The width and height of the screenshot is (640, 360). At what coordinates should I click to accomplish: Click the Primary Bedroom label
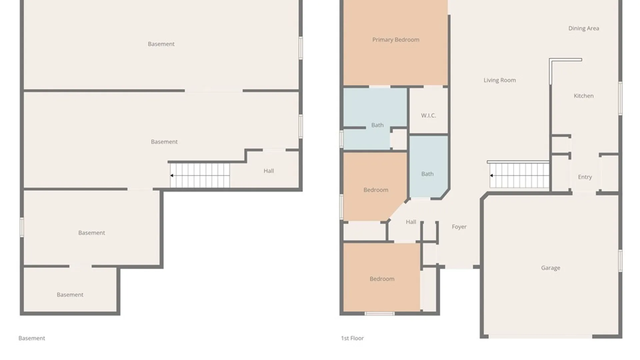[396, 40]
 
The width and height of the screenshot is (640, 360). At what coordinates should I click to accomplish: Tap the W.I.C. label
[428, 115]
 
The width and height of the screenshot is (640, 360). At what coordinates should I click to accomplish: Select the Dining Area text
[583, 28]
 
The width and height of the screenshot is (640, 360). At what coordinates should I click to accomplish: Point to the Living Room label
[499, 80]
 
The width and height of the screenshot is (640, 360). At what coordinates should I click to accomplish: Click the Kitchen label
[583, 96]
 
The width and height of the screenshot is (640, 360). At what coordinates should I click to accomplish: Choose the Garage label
[550, 268]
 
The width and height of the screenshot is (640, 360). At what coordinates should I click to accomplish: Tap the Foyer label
[459, 227]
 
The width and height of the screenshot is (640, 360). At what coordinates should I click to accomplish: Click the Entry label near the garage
[585, 177]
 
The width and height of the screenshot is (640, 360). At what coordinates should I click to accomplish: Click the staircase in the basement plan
[200, 175]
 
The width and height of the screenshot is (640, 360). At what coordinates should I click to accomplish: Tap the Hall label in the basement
[269, 171]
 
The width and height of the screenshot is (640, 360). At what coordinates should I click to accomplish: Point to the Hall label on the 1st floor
[411, 222]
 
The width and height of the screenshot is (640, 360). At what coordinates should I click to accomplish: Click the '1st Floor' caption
[352, 338]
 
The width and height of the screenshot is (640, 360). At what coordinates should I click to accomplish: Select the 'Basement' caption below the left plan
[32, 338]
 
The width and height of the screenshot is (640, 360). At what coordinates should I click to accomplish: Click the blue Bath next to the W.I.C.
[377, 125]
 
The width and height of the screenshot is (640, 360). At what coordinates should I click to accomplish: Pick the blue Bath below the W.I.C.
[427, 174]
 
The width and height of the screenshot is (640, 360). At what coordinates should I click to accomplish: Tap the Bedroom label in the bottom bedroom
[382, 279]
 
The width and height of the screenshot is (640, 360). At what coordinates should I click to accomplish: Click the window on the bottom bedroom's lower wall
[379, 313]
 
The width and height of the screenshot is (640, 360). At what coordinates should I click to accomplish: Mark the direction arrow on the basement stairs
[172, 175]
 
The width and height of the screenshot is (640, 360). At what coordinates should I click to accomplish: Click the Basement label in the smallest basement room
[70, 295]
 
